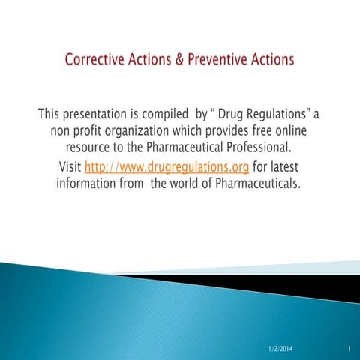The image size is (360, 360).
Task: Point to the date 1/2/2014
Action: pyautogui.click(x=283, y=349)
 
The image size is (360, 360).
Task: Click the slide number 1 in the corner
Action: pyautogui.click(x=349, y=349)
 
